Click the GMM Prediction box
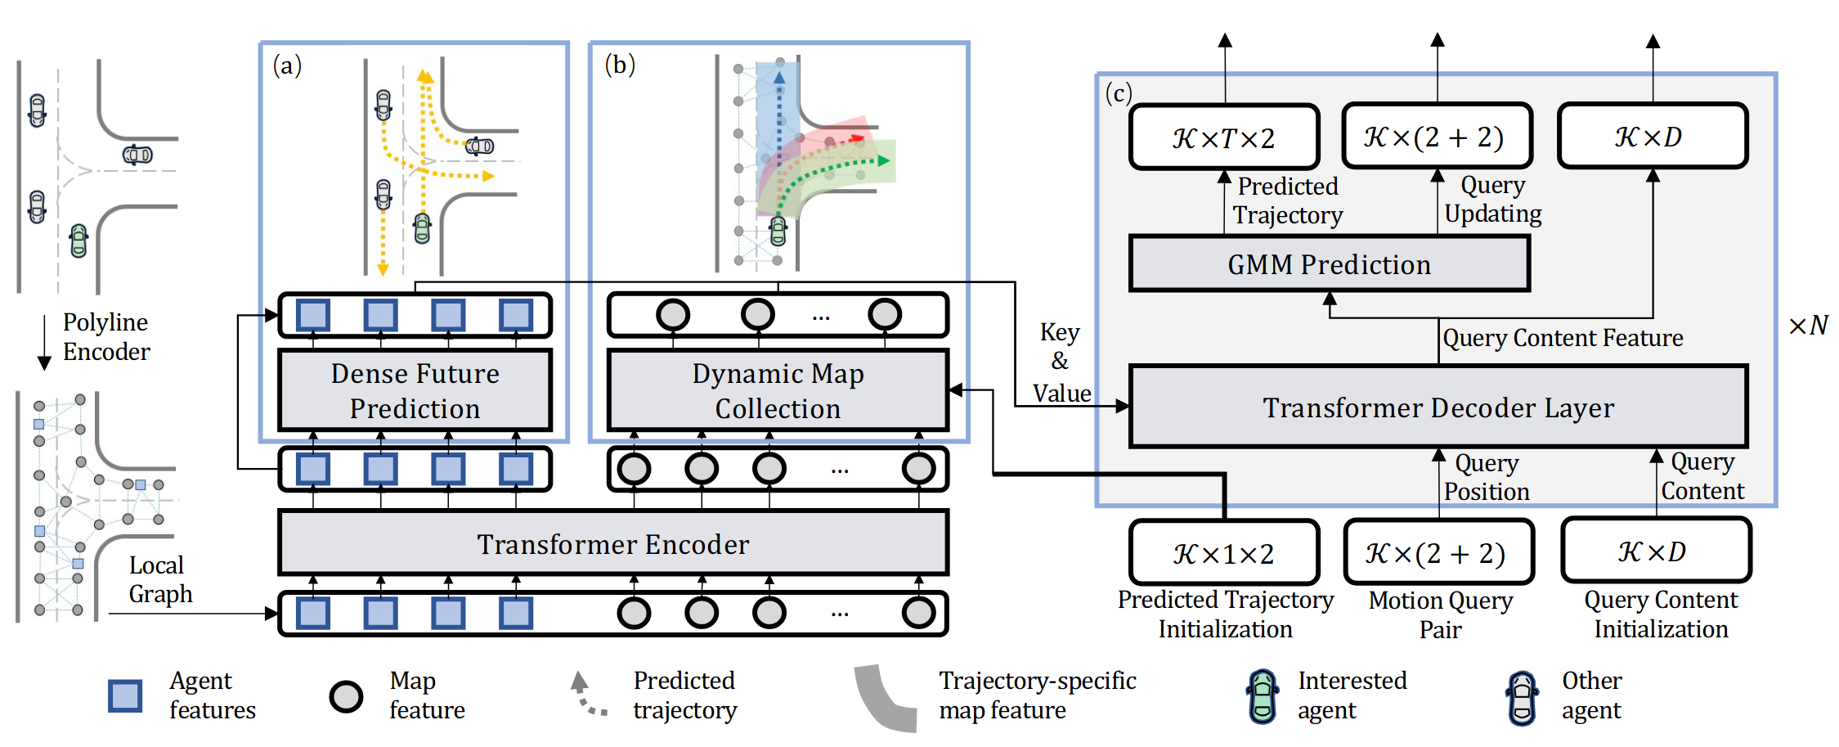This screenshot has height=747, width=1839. [1329, 264]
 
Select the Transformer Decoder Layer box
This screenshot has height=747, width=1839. [1438, 407]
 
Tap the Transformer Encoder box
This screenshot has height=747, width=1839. [612, 544]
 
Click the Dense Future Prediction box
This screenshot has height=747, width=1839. [415, 390]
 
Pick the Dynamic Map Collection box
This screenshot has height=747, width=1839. [777, 390]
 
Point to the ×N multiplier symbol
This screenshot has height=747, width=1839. [1808, 326]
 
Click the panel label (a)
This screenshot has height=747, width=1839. [287, 65]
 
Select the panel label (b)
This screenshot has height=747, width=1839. [619, 64]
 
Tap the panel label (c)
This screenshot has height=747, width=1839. [1118, 92]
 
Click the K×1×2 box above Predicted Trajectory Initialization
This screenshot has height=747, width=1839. [1223, 554]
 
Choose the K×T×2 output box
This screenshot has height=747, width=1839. [1223, 137]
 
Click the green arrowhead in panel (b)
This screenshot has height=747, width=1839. [883, 160]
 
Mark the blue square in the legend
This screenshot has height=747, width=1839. [125, 695]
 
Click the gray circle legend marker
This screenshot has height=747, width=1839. [346, 696]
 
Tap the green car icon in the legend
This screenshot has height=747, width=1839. [1263, 696]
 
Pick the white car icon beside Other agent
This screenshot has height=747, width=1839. [1522, 698]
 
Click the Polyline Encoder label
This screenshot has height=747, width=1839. [106, 337]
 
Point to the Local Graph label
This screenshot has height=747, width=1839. [159, 579]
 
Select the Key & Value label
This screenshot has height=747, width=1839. [1061, 362]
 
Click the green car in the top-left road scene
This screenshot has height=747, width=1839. [78, 241]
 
